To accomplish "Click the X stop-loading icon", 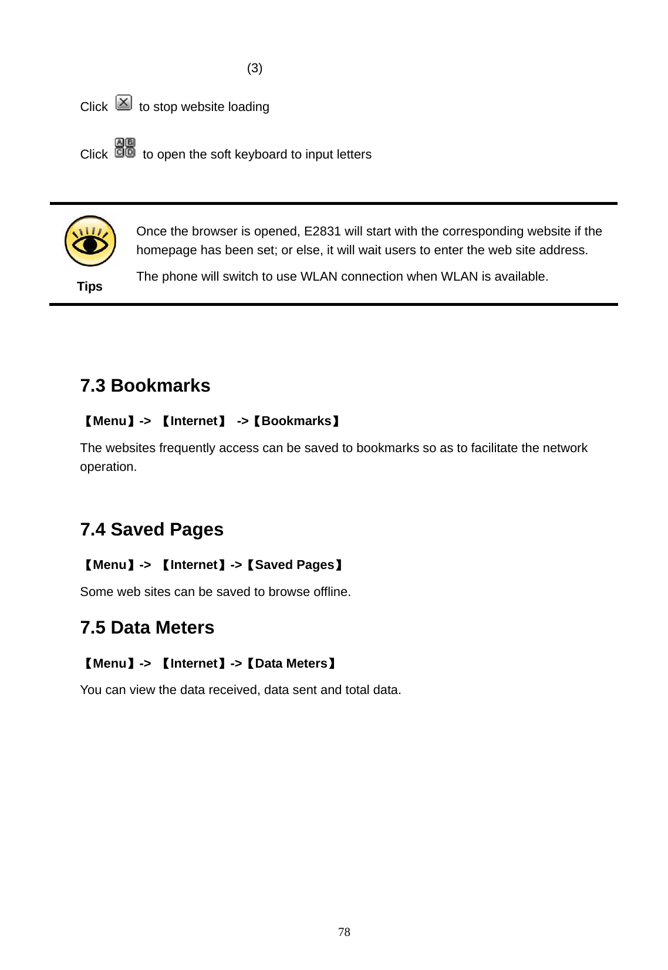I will point(124,103).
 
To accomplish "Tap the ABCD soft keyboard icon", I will point(125,148).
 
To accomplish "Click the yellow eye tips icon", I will point(90,241).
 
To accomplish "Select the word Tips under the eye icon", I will point(90,287).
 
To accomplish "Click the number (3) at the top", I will point(255,69).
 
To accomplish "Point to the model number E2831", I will point(322,231).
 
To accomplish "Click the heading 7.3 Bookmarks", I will point(145,386).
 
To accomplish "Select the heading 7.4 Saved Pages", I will point(151,530).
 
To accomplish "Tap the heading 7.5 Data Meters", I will point(147,628).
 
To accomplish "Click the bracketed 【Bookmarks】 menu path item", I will point(296,421).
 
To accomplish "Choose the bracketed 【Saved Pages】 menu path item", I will point(294,565).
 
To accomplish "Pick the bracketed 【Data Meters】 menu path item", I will point(291,663).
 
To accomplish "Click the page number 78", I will point(345,932).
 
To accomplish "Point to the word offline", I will point(332,592).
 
